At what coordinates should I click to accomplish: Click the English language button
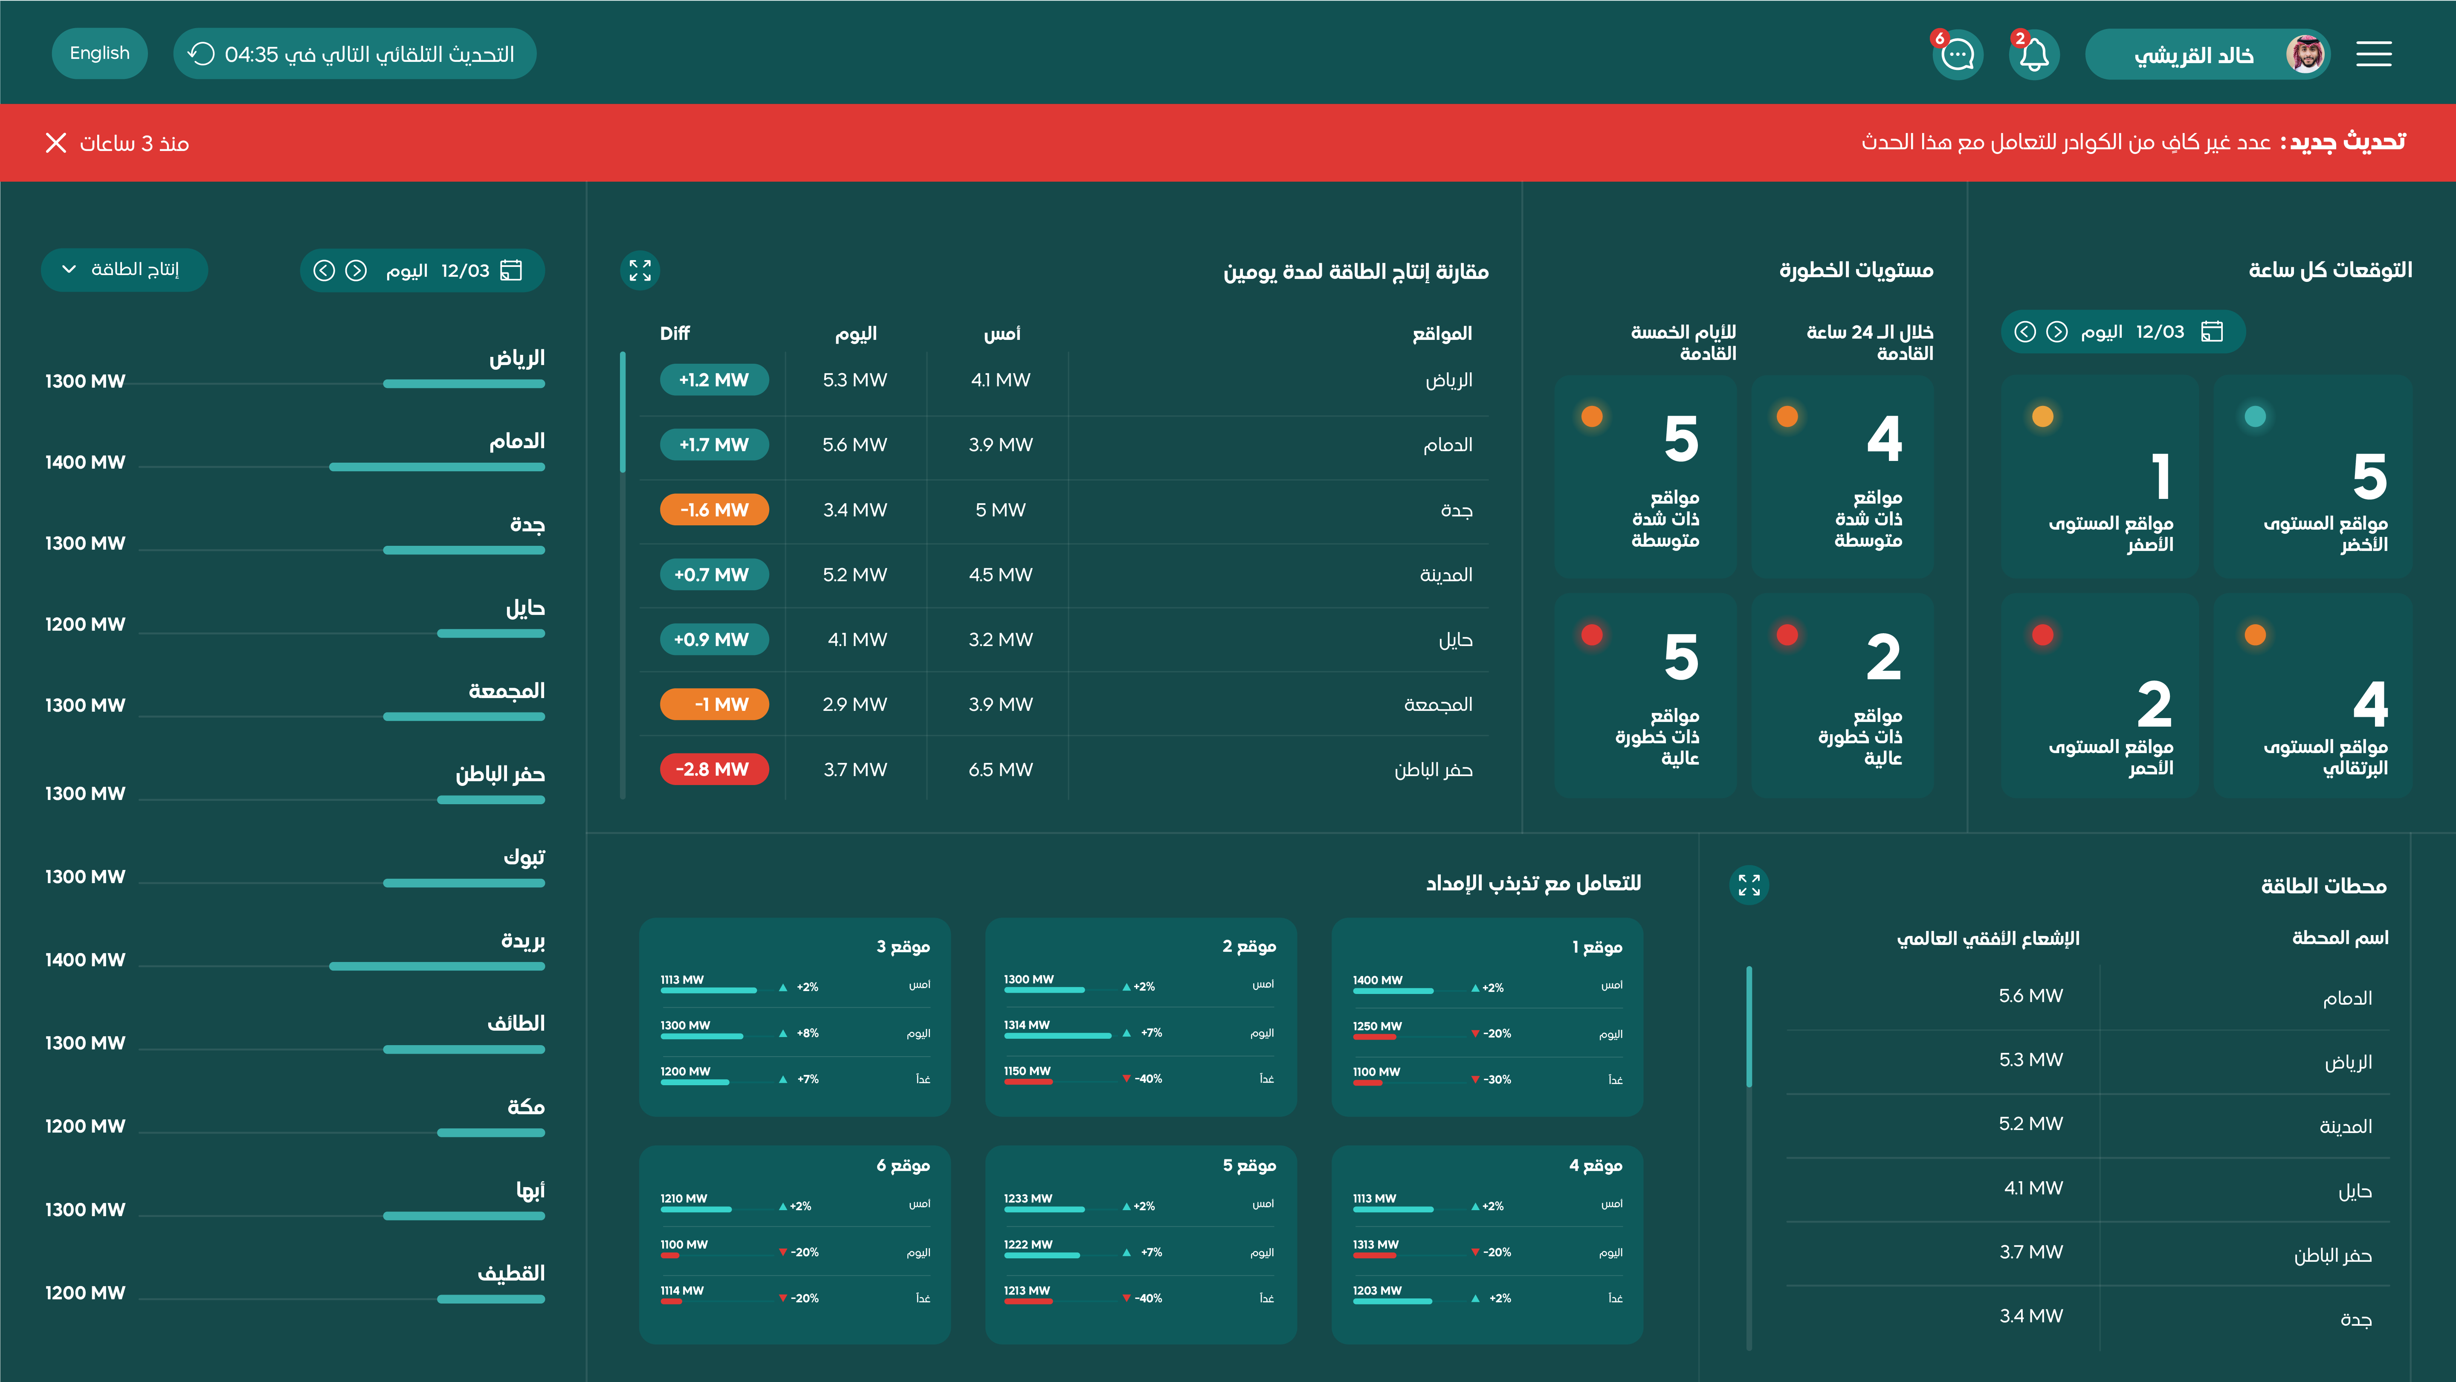tap(99, 53)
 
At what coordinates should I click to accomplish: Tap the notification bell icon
tap(2033, 54)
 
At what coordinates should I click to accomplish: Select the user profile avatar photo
tap(2305, 54)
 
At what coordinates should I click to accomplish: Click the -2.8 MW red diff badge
tap(713, 769)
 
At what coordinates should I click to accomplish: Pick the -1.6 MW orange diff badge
tap(713, 509)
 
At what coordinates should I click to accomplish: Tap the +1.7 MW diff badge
tap(713, 444)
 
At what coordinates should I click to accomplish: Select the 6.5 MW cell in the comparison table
tap(1000, 769)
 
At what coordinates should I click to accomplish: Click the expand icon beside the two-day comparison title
tap(640, 271)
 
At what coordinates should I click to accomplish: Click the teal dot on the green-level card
tap(2255, 416)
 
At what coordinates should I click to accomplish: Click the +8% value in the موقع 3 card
tap(808, 1033)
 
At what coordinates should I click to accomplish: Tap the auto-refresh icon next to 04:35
tap(201, 54)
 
